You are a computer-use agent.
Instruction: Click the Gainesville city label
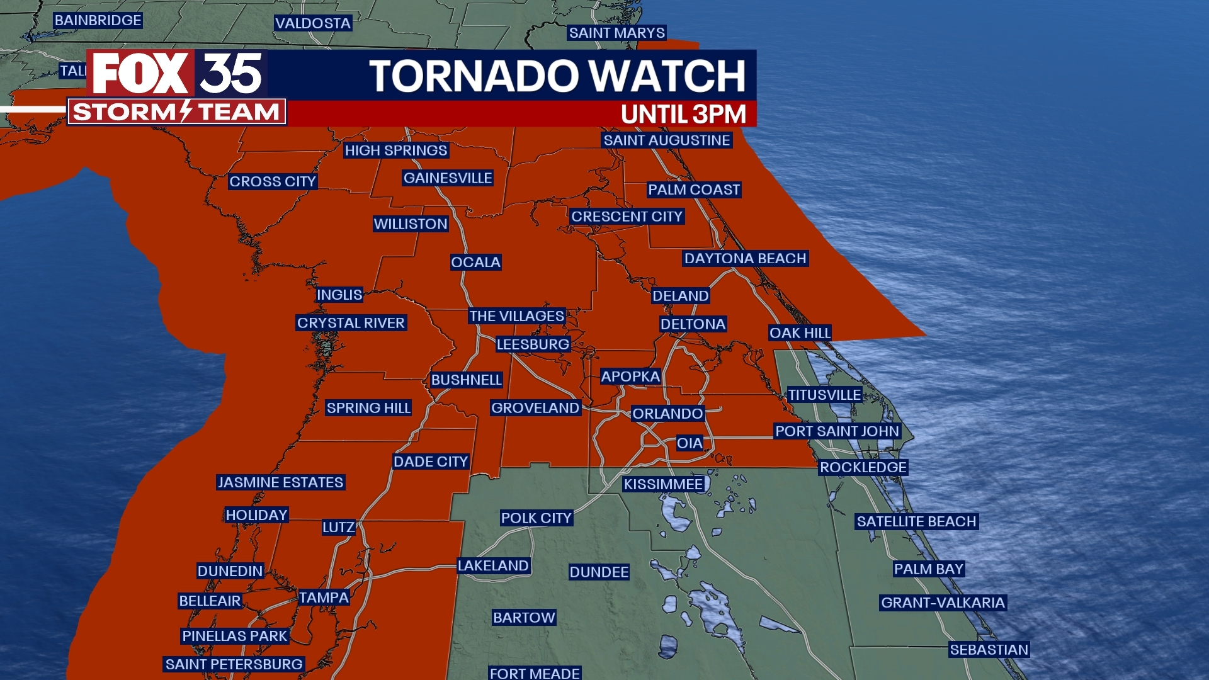447,178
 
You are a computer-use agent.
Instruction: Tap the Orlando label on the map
667,414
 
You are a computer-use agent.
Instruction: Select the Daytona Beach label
745,258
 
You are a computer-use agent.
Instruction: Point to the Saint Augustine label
666,140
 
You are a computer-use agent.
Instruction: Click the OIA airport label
689,443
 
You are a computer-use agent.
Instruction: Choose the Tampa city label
323,598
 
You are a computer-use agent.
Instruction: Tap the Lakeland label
493,565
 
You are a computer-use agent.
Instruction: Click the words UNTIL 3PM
683,115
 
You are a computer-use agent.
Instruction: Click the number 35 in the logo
231,74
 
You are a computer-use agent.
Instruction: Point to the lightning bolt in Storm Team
186,111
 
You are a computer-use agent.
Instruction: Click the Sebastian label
988,650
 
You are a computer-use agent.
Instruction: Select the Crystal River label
351,323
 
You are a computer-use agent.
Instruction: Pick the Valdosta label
312,23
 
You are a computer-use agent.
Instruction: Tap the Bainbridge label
98,20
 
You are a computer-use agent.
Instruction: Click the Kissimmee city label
663,484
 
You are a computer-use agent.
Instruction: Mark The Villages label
516,316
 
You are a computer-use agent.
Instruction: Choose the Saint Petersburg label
234,664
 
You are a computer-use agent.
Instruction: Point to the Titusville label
824,395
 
